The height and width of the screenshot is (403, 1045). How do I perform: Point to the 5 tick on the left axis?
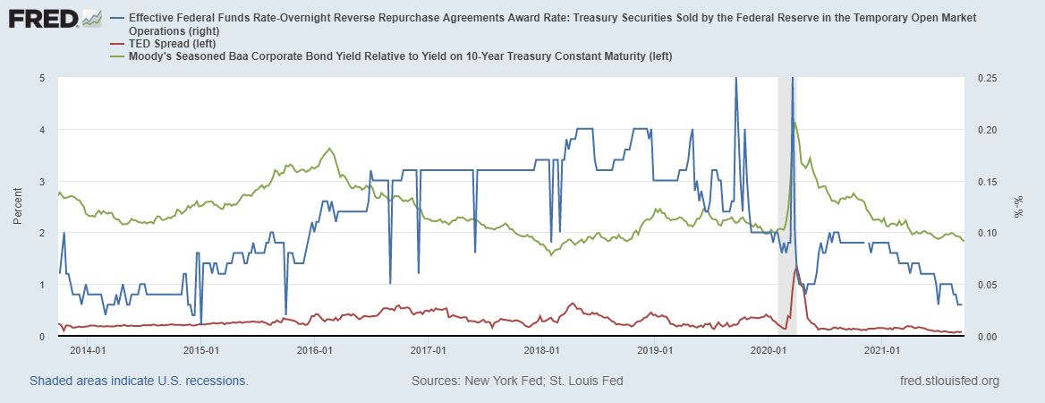click(42, 78)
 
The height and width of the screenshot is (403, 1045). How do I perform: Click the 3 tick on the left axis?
click(42, 182)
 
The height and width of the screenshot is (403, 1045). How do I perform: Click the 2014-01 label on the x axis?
click(88, 349)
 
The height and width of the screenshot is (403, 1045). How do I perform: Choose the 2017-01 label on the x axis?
click(428, 349)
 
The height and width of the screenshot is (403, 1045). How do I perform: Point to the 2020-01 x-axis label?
click(768, 349)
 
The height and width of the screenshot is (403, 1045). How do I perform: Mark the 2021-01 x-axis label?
click(881, 349)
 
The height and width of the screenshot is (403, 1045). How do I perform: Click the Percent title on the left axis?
click(18, 207)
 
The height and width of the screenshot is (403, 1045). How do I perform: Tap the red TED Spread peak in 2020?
click(796, 266)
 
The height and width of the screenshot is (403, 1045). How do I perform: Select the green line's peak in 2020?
click(795, 123)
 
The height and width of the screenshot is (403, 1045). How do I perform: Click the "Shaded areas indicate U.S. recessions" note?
click(139, 381)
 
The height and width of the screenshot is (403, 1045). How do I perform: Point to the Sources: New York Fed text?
click(517, 381)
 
